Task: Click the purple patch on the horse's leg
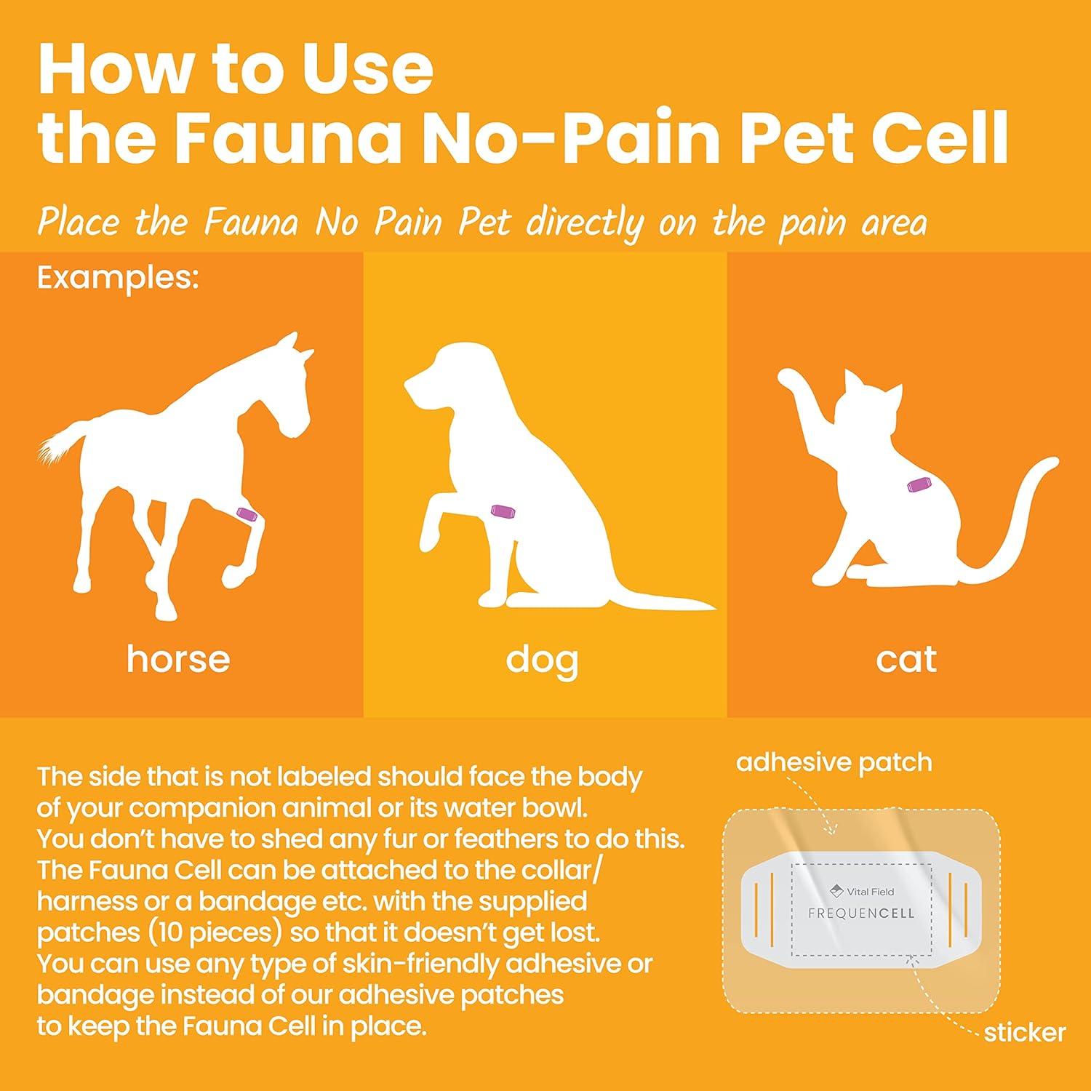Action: (x=247, y=515)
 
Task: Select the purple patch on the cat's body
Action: (x=919, y=484)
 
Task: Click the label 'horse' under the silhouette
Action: (x=178, y=659)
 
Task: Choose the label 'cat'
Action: (x=906, y=659)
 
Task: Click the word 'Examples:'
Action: (x=118, y=278)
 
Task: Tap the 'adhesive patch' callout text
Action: (x=834, y=762)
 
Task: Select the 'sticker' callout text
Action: (x=1024, y=1032)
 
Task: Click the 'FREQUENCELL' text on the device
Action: (x=861, y=914)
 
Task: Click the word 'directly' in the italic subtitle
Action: (x=585, y=223)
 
